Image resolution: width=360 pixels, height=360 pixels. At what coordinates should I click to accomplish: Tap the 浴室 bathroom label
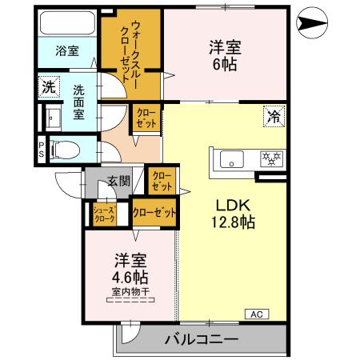pos(67,50)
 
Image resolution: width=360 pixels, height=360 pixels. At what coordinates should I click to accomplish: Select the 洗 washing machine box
pos(48,86)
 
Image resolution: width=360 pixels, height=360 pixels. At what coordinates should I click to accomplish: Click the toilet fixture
pos(67,148)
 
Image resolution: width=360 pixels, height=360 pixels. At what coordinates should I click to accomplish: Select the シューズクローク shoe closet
pos(105,214)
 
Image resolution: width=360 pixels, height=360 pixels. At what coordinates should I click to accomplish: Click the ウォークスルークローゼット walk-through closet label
pos(127,49)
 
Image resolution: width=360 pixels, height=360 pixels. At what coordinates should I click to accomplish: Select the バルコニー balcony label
pos(200,338)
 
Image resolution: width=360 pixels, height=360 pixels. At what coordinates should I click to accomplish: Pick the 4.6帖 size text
pos(130,277)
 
